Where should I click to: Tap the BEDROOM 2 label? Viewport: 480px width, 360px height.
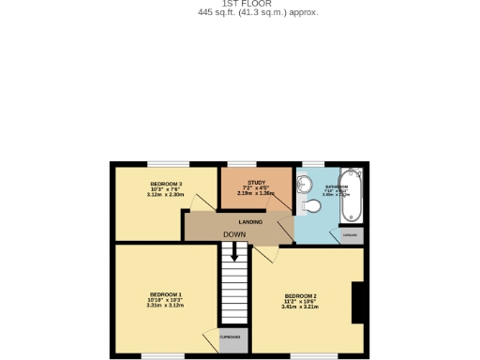300,296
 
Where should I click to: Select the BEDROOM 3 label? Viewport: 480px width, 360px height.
166,184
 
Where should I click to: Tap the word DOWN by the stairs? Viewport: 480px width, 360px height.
234,234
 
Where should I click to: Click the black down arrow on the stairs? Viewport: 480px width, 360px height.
234,251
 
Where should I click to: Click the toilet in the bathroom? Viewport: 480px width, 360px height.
310,206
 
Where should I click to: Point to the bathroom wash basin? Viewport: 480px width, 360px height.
308,182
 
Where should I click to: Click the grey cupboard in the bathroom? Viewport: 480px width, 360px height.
351,234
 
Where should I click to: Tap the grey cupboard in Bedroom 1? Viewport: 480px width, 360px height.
233,338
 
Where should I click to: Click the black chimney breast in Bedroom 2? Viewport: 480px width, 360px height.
357,302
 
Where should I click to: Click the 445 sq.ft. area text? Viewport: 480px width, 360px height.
258,12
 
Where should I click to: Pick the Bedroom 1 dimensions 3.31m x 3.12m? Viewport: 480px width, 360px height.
165,306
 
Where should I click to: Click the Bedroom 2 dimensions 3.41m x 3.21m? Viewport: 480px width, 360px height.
300,307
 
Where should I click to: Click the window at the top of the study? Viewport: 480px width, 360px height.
242,164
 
